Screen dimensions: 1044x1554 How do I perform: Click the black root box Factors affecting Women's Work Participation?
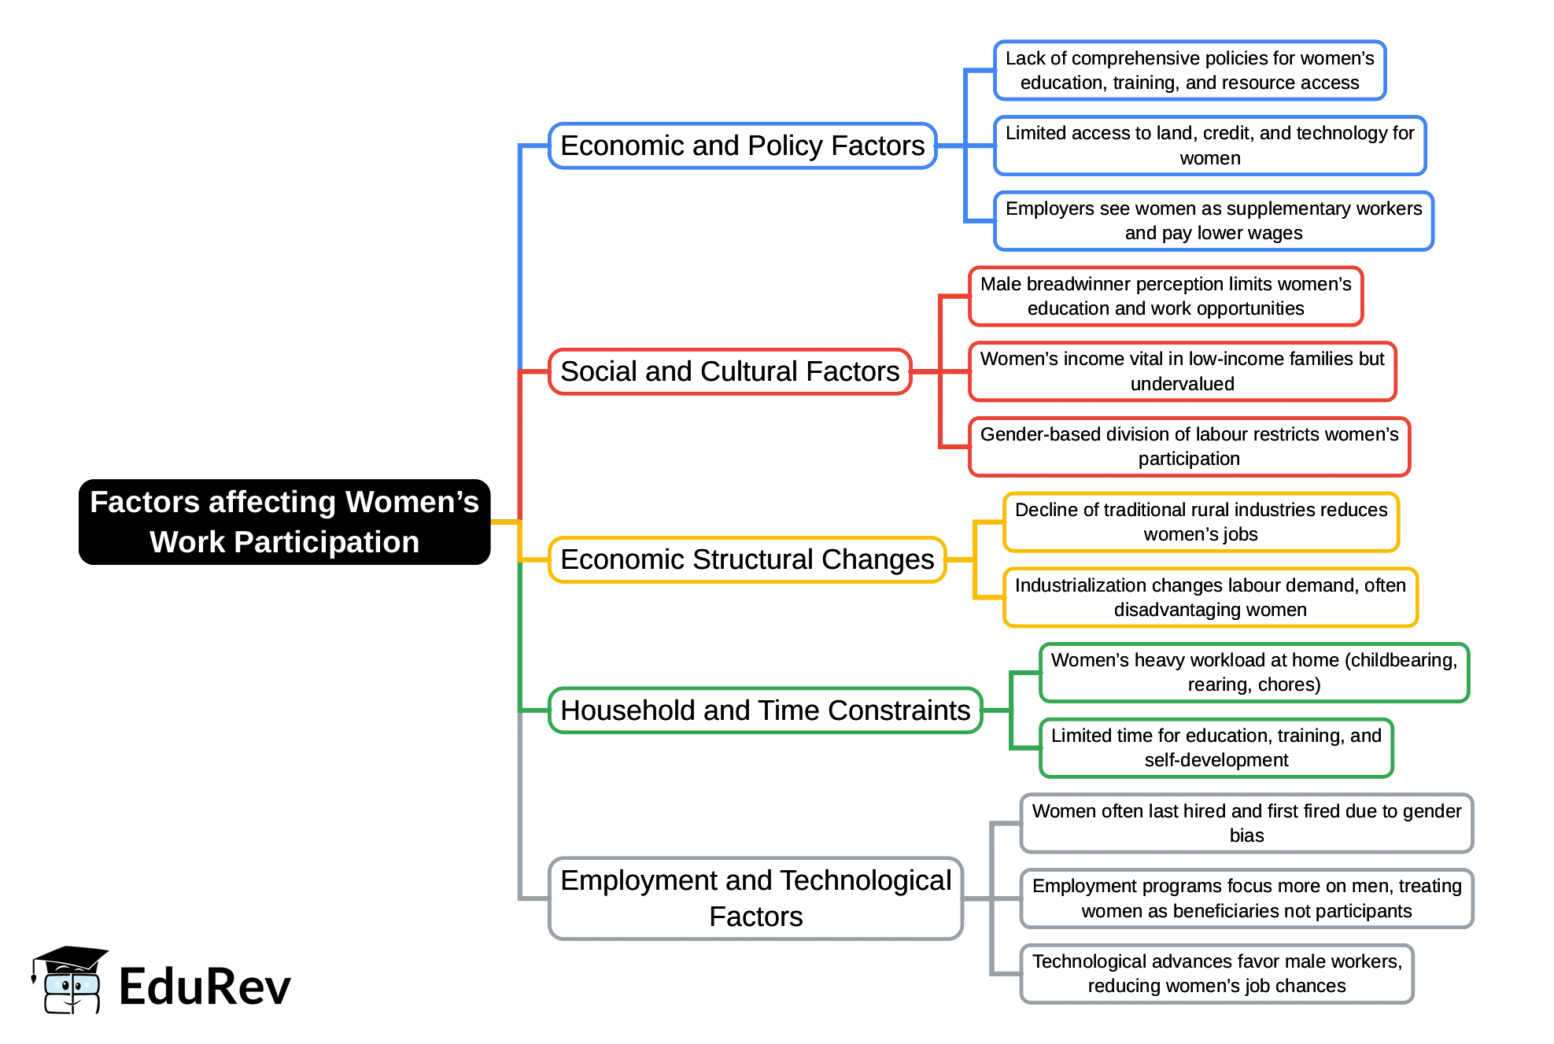click(284, 522)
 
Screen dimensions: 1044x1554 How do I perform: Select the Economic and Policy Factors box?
click(742, 146)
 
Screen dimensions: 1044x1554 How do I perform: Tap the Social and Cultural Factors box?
click(729, 371)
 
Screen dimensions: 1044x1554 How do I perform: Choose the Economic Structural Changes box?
click(747, 559)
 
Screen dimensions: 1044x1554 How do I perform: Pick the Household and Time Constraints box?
click(765, 710)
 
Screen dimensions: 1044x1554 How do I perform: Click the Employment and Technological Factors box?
click(755, 898)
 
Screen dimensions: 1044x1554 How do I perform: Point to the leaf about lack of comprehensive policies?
click(1189, 71)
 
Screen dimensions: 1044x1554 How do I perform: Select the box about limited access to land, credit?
click(1209, 146)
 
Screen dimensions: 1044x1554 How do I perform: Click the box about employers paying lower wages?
click(1213, 221)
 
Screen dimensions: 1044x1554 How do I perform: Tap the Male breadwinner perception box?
click(1165, 297)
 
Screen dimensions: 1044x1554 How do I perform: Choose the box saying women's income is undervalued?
click(1182, 371)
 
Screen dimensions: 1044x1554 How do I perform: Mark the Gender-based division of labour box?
click(1189, 447)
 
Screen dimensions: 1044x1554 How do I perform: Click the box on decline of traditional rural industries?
click(1201, 522)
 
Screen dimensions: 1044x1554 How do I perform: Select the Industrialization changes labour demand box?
click(1210, 597)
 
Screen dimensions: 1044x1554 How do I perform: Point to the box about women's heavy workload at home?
click(1253, 673)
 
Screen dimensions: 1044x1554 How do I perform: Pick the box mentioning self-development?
click(1216, 748)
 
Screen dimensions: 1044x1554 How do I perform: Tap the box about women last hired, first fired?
click(1246, 823)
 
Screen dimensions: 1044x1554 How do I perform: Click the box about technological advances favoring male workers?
click(1216, 974)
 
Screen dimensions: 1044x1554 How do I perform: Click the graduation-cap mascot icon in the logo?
click(69, 980)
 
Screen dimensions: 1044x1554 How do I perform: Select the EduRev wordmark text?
click(205, 987)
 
